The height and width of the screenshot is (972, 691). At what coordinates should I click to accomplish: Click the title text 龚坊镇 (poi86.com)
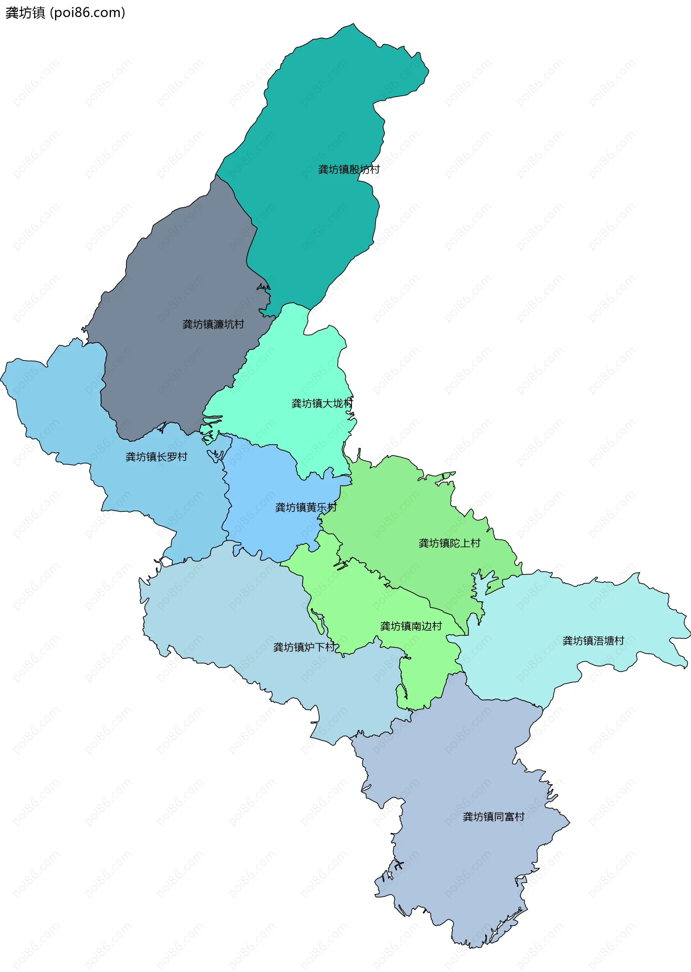(x=65, y=13)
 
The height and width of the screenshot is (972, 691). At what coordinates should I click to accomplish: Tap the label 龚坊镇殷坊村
(x=349, y=169)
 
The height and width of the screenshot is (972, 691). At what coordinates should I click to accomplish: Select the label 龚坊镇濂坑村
(x=213, y=324)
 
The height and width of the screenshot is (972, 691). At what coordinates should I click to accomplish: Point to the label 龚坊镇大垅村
(x=322, y=403)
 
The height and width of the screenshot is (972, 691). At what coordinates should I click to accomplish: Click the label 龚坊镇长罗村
(x=157, y=457)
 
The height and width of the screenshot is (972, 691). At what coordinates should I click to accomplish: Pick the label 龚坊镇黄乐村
(x=306, y=507)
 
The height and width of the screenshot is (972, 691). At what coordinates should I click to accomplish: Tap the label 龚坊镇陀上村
(x=449, y=543)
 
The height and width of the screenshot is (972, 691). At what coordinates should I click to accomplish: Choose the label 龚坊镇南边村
(x=411, y=626)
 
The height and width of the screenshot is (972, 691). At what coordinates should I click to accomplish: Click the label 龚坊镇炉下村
(x=304, y=647)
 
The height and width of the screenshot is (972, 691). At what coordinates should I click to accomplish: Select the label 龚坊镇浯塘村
(x=593, y=641)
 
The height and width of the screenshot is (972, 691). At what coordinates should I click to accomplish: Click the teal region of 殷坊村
(x=324, y=106)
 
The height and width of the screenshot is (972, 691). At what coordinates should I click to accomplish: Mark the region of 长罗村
(x=64, y=404)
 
